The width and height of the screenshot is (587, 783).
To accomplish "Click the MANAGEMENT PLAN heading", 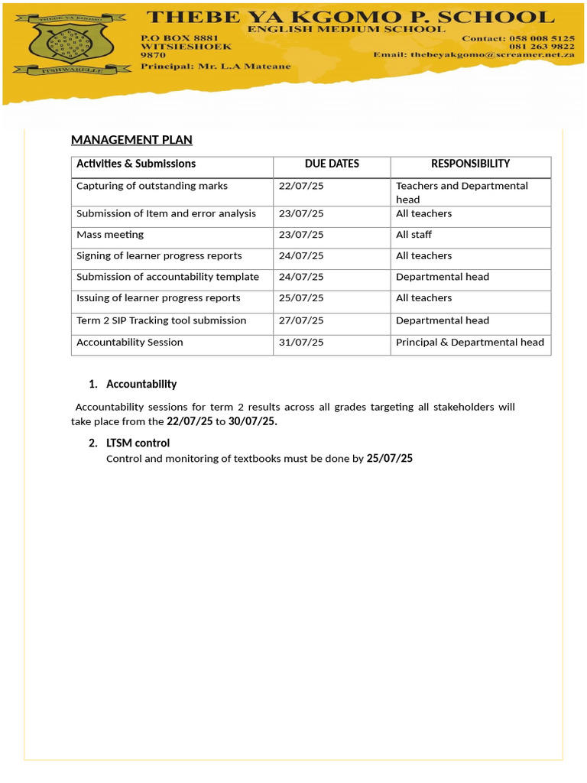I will click(131, 140).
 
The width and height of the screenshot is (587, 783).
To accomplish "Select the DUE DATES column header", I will click(332, 164).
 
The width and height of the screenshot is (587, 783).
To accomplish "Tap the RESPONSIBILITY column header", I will click(470, 164).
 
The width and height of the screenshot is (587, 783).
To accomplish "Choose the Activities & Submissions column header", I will click(136, 164).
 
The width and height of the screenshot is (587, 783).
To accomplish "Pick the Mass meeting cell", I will click(110, 235).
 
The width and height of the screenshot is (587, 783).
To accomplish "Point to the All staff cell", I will click(413, 235).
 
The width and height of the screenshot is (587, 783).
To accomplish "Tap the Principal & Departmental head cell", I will click(470, 343).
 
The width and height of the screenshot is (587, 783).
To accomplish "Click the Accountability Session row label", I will click(130, 343).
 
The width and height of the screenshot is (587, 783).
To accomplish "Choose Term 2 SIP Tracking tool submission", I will click(161, 320).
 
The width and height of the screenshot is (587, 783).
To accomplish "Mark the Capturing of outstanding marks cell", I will click(152, 186).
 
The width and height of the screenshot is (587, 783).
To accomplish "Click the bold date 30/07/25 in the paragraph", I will click(252, 421).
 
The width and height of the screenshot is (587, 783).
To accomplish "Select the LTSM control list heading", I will click(138, 443).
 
